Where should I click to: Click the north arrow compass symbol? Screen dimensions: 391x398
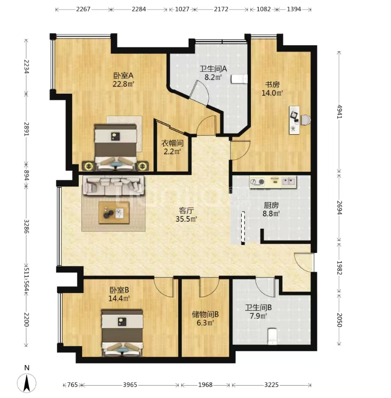click(27, 383)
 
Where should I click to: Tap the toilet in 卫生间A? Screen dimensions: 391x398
click(239, 78)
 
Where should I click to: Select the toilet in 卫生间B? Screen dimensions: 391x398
click(272, 337)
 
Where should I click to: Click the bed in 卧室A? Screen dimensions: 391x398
click(116, 147)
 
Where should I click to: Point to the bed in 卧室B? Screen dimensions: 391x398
click(122, 333)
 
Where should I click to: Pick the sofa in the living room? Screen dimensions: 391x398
click(114, 186)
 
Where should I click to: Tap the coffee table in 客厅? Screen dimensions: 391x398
click(114, 213)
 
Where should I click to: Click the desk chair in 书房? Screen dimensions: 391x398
click(306, 119)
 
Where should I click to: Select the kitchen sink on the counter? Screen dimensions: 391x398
click(289, 181)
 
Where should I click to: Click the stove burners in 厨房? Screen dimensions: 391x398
click(257, 182)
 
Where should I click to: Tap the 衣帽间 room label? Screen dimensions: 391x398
click(172, 143)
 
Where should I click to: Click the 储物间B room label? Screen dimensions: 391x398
click(205, 314)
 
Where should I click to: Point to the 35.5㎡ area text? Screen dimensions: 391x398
click(186, 219)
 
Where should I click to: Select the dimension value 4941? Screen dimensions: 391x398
click(339, 111)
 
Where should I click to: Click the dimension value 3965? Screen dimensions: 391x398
click(130, 385)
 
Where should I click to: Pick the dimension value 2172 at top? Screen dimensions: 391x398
click(221, 9)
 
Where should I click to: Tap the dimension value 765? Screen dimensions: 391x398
click(72, 385)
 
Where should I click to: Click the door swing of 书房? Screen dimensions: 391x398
click(240, 150)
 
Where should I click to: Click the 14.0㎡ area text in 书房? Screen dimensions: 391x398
click(272, 93)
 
